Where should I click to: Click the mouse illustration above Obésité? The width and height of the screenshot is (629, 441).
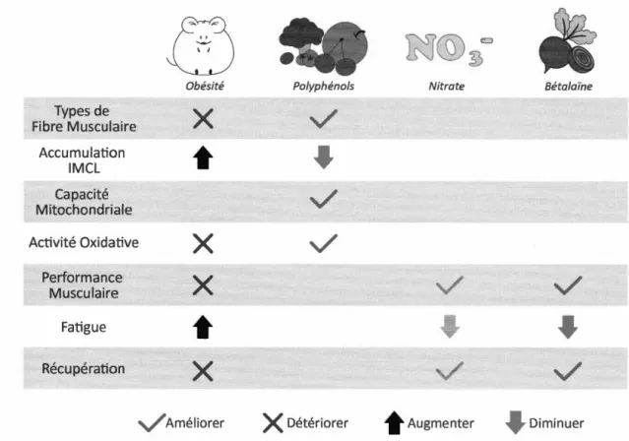click(x=202, y=45)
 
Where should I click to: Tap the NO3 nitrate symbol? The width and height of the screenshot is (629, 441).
click(x=449, y=49)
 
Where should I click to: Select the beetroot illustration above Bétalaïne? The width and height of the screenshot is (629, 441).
click(x=567, y=41)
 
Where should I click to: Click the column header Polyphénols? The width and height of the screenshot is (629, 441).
click(x=323, y=87)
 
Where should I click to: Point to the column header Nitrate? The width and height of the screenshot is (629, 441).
click(x=447, y=87)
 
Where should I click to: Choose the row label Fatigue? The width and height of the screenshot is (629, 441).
click(x=84, y=327)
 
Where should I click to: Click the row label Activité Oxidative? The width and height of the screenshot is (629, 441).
click(x=84, y=242)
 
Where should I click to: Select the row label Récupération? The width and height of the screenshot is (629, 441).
click(x=83, y=368)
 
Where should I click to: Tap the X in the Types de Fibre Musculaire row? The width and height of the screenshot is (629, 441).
click(x=203, y=118)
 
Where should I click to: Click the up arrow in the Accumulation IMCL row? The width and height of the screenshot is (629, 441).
click(x=203, y=157)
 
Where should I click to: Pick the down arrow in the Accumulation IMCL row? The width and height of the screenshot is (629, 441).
click(x=323, y=157)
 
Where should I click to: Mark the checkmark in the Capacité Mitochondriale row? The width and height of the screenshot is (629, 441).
click(x=323, y=198)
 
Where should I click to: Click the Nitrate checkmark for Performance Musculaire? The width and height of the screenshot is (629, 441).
click(x=449, y=284)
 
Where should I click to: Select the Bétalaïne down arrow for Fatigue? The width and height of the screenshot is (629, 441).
click(x=568, y=327)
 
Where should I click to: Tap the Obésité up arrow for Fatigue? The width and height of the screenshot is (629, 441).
click(x=203, y=327)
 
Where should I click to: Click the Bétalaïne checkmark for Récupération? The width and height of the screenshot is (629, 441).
click(x=568, y=371)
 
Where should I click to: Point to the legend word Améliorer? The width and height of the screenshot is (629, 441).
click(x=195, y=423)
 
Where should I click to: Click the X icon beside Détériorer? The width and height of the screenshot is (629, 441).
click(x=273, y=423)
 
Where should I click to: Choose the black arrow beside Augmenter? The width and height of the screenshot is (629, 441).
click(x=394, y=422)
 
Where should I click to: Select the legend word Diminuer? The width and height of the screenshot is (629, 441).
click(x=556, y=423)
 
